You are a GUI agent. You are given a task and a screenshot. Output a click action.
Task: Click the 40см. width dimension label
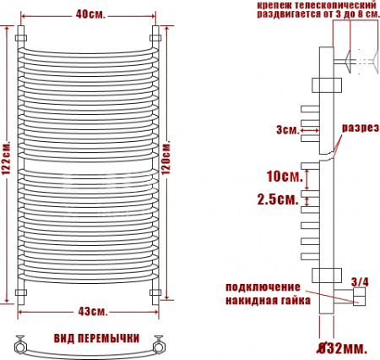pos(90,14)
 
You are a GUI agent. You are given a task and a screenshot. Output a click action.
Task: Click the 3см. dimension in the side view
pos(286,129)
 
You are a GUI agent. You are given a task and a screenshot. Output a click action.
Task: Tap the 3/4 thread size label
pos(359,281)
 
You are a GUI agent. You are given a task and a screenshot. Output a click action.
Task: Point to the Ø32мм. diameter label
pos(341,347)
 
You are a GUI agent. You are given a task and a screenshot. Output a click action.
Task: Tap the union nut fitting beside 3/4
pos(358,296)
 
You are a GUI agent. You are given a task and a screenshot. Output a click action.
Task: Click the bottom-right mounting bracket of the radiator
pos(156,291)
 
